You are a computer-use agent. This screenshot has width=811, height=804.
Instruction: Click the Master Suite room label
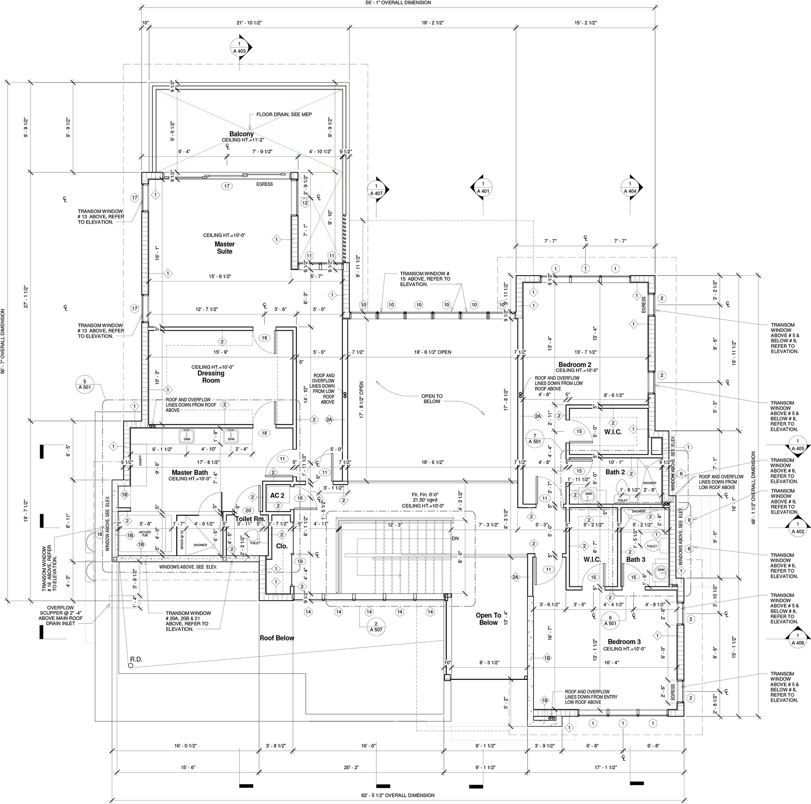pyautogui.click(x=224, y=248)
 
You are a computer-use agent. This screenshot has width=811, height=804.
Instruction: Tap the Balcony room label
pyautogui.click(x=241, y=134)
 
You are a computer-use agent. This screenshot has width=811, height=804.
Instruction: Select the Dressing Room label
pyautogui.click(x=211, y=377)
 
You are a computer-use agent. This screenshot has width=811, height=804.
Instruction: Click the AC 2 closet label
pyautogui.click(x=277, y=495)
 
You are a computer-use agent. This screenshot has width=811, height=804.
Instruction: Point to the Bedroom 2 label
pyautogui.click(x=574, y=365)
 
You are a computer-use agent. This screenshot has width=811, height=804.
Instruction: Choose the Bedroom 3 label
pyautogui.click(x=624, y=642)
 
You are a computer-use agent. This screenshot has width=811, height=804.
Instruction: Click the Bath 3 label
pyautogui.click(x=635, y=559)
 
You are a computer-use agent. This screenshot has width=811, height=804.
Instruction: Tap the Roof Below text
pyautogui.click(x=277, y=638)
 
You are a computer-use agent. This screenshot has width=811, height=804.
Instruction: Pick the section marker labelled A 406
pyautogui.click(x=797, y=639)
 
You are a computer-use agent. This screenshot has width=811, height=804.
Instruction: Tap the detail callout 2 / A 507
pyautogui.click(x=376, y=626)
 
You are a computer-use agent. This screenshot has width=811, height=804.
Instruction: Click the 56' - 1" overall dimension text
pyautogui.click(x=398, y=3)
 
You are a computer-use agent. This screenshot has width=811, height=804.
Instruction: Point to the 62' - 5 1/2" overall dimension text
pyautogui.click(x=398, y=795)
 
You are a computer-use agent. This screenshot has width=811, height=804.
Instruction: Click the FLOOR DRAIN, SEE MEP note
pyautogui.click(x=284, y=115)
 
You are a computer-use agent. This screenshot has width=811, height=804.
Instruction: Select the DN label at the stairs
pyautogui.click(x=455, y=539)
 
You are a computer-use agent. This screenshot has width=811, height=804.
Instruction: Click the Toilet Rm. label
pyautogui.click(x=250, y=519)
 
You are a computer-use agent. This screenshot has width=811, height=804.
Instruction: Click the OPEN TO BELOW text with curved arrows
pyautogui.click(x=432, y=399)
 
